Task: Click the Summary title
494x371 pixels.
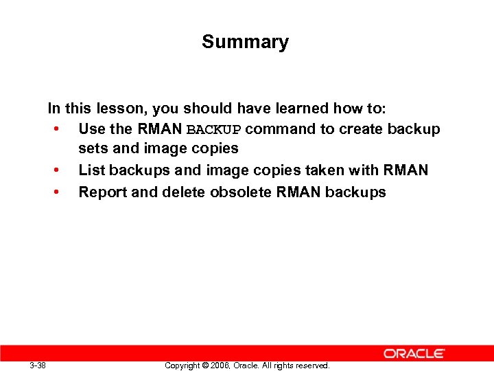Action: (x=245, y=42)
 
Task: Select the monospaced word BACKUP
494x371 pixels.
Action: (x=214, y=130)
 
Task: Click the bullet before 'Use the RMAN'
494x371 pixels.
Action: (x=54, y=129)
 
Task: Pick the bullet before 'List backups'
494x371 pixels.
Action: (x=54, y=170)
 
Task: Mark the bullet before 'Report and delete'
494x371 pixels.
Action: (x=54, y=192)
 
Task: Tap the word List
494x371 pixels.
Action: (x=91, y=170)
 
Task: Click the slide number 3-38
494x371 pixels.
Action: (x=38, y=365)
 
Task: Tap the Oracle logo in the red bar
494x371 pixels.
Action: (x=414, y=353)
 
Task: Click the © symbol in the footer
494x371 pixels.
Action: (x=205, y=366)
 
